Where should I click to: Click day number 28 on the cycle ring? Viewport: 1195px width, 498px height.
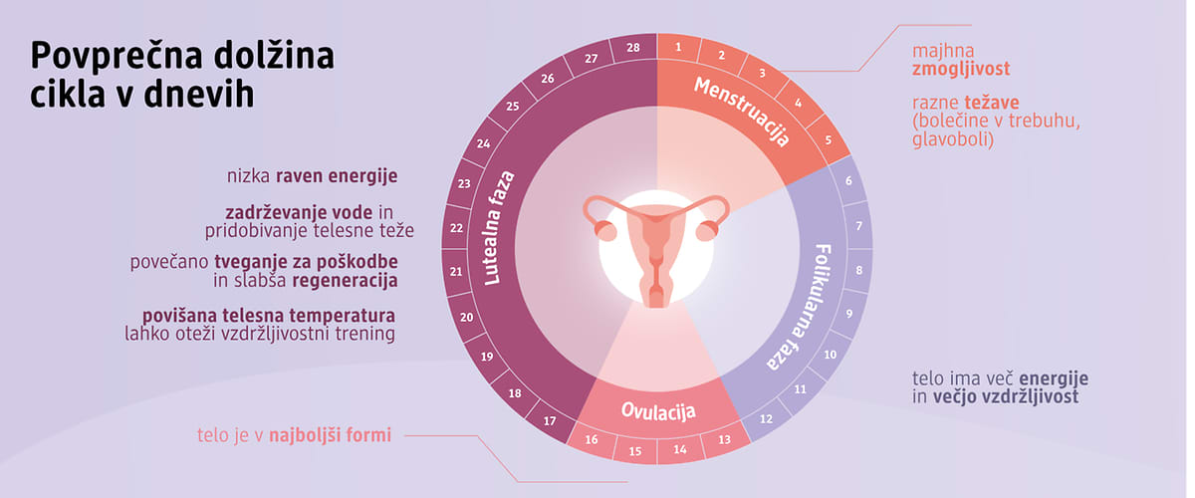coord(633,48)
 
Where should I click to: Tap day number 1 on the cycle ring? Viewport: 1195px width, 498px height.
coord(678,48)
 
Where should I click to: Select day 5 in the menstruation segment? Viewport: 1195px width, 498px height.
coord(829,139)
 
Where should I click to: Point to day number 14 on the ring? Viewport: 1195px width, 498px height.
coord(679,449)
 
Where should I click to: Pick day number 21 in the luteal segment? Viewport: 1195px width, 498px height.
coord(456,272)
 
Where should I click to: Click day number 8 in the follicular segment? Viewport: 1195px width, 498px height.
coord(858,270)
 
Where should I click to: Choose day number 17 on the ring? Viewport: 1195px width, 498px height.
coord(550,421)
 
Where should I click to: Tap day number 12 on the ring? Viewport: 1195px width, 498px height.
coord(766,419)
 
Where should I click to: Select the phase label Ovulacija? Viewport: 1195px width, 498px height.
coord(658,411)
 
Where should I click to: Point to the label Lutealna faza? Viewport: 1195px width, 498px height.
coord(499,228)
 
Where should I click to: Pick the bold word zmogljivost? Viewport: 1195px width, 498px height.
coord(961,69)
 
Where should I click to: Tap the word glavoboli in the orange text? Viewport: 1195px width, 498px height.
coord(953,139)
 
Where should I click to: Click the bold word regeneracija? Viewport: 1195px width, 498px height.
coord(346,281)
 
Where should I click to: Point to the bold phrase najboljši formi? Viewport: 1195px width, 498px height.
coord(331,435)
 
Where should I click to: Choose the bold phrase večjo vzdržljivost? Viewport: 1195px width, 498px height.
coord(1006,397)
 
